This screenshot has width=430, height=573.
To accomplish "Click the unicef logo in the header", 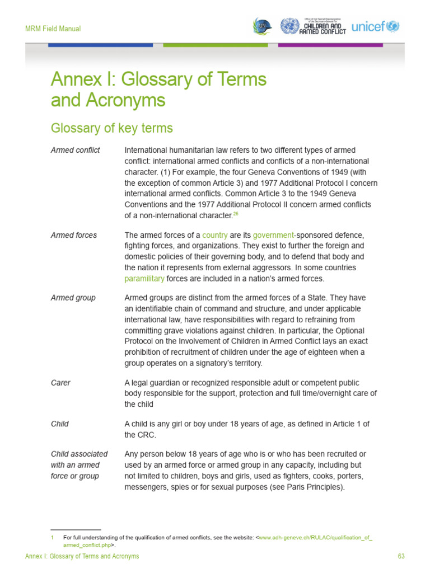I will pyautogui.click(x=375, y=26).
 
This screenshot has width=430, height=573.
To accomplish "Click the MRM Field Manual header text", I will pyautogui.click(x=53, y=29).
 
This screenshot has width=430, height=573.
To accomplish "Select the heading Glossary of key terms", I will pyautogui.click(x=111, y=128).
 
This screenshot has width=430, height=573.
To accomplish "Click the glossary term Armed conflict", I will pyautogui.click(x=75, y=151).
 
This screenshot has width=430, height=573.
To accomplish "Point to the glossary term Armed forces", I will pyautogui.click(x=73, y=235).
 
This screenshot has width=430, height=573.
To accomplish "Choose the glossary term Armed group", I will pyautogui.click(x=73, y=298).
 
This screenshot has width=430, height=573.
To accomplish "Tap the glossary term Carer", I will pyautogui.click(x=60, y=383).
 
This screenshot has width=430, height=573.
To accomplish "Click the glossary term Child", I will pyautogui.click(x=59, y=424).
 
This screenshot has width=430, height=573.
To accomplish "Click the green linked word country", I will pyautogui.click(x=214, y=235).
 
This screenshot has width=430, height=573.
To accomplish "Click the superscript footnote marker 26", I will pyautogui.click(x=236, y=213).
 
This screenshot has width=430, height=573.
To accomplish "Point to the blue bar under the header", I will pyautogui.click(x=100, y=45).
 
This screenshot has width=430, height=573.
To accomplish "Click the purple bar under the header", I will pyautogui.click(x=330, y=45).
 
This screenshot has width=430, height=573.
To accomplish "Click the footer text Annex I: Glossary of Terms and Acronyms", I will pyautogui.click(x=82, y=556).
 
